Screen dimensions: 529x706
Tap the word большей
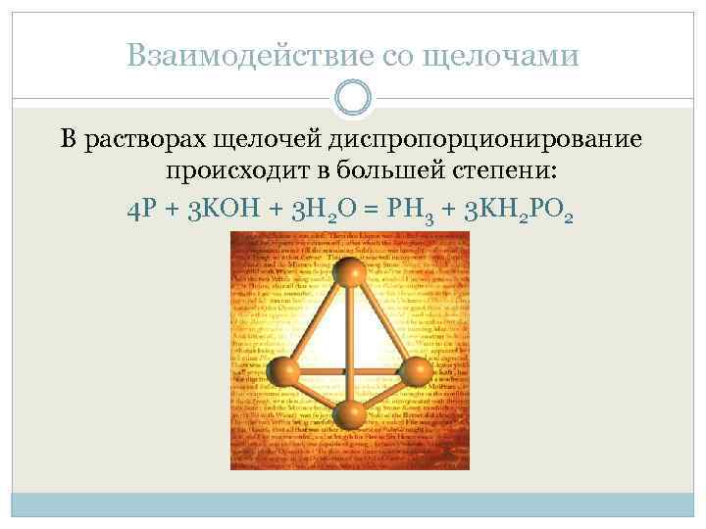(x=389, y=172)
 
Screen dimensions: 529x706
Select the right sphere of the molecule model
(x=417, y=370)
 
